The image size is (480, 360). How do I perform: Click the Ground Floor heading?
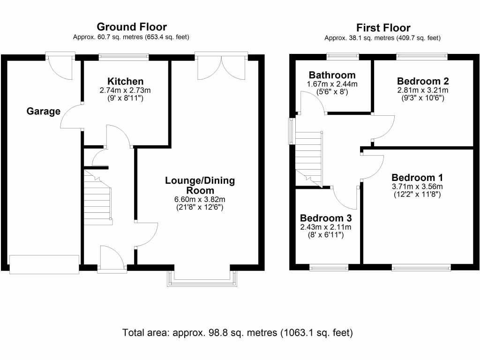[x=131, y=27]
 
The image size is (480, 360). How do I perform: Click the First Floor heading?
[x=383, y=28]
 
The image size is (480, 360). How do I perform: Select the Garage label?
[x=43, y=112]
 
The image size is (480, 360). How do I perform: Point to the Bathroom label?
[x=332, y=75]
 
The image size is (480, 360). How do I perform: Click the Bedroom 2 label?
[x=423, y=81]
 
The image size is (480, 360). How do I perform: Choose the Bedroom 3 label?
[x=326, y=218]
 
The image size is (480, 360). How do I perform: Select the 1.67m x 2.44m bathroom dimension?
[x=332, y=84]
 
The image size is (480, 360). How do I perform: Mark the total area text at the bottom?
[x=237, y=333]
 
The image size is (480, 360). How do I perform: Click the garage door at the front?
[x=45, y=264]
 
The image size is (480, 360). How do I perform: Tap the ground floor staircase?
[x=98, y=197]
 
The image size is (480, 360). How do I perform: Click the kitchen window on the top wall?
[x=124, y=57]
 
